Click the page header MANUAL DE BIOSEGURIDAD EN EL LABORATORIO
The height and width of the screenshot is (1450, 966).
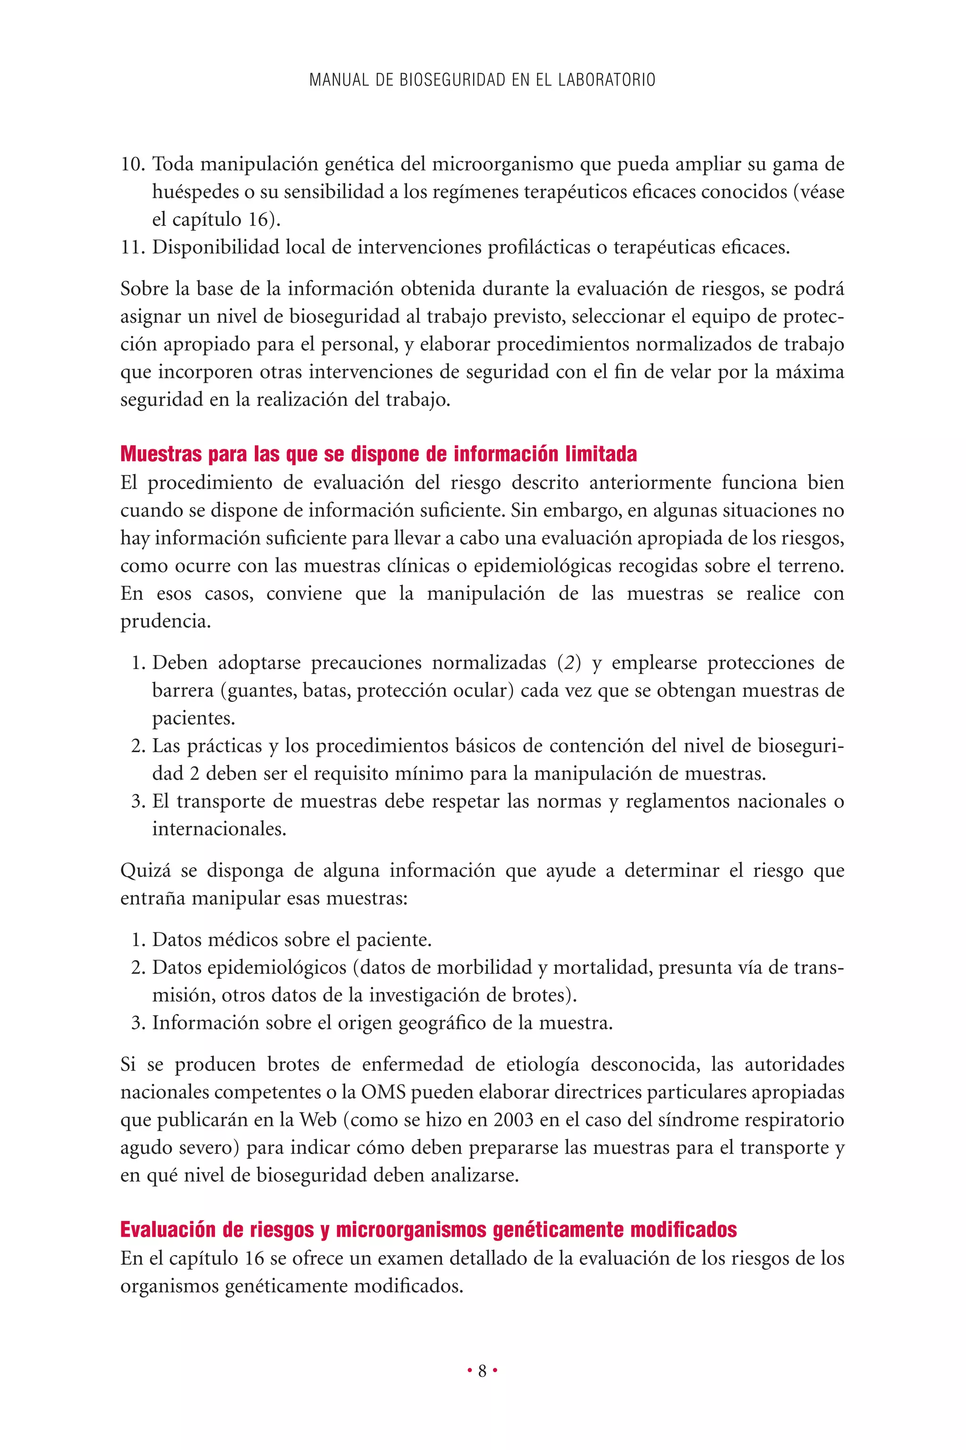[483, 80]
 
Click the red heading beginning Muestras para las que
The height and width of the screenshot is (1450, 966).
[378, 454]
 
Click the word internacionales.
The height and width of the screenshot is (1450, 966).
[219, 829]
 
